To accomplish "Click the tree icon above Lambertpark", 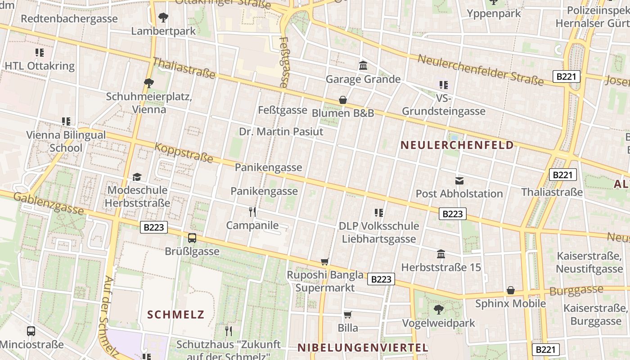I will (163, 18).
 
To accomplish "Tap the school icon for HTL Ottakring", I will (40, 53).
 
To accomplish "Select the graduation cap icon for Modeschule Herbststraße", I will (137, 177).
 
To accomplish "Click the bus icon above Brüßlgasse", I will (192, 238).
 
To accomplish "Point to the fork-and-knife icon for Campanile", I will (252, 211).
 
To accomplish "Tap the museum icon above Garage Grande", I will (363, 66).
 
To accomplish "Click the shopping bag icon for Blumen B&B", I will (343, 100).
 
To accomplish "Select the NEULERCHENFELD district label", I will (457, 145).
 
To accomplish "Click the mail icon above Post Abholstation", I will (459, 181).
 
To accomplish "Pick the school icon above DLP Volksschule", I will (379, 213).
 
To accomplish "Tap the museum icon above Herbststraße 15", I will (441, 254).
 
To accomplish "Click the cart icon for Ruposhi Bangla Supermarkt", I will (325, 261).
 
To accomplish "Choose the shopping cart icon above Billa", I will (348, 315).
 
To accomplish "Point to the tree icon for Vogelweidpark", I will (439, 310).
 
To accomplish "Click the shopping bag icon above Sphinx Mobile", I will (511, 290).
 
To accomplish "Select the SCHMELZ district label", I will (176, 315).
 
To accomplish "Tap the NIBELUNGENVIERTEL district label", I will (363, 347).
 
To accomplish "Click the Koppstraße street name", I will (184, 153).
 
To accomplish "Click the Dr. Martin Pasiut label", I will (281, 132).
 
